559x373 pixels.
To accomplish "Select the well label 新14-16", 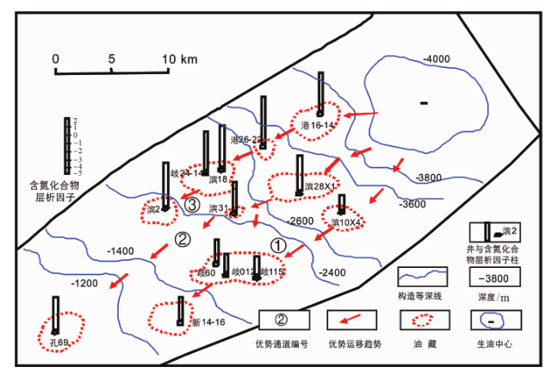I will point(207,322).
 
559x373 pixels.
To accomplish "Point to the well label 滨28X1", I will point(320,187).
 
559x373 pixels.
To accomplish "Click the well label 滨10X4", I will point(345,222).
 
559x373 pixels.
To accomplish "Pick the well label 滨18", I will point(217,179).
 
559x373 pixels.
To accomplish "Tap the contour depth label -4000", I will point(437,59).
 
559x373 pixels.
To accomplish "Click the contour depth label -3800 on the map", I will point(428,178).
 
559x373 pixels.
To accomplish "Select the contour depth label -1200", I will point(86,283).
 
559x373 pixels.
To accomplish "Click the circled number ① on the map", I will point(277,245).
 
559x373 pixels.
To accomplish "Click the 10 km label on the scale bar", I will point(180,59).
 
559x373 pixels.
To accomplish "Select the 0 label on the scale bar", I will point(55,59).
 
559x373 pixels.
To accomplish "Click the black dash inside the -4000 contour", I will point(423,104).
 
